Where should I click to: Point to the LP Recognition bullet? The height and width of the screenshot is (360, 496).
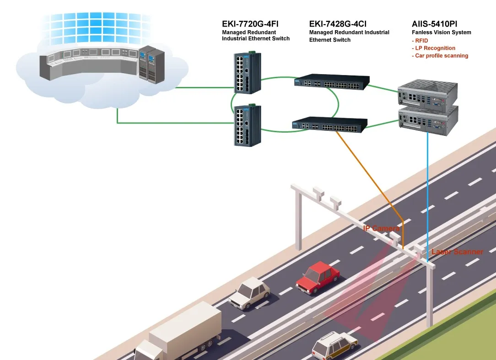tap(435, 48)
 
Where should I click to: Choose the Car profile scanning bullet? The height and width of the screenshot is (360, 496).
tap(441, 56)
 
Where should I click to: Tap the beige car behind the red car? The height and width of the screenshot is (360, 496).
tap(249, 293)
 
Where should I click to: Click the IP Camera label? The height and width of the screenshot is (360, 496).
tap(381, 228)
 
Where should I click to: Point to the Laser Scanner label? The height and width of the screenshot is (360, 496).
tap(457, 252)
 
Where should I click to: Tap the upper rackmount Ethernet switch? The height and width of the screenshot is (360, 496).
tap(332, 82)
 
